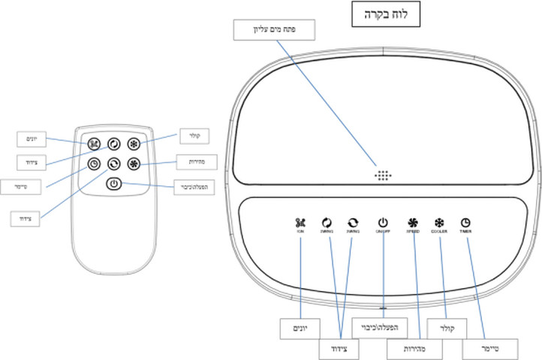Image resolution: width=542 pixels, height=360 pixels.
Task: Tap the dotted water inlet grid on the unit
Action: (383, 176)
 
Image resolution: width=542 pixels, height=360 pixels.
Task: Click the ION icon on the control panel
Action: (300, 223)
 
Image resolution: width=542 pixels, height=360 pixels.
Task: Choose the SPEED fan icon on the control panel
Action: (412, 223)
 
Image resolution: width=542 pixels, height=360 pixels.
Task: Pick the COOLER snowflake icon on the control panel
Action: (439, 223)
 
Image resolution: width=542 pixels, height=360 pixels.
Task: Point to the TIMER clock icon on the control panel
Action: (465, 223)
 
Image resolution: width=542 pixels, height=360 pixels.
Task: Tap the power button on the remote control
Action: (113, 183)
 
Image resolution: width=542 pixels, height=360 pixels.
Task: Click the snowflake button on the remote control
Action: (134, 144)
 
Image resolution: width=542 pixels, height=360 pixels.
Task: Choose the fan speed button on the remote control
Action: (134, 163)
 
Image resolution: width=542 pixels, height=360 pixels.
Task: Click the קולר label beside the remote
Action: (190, 136)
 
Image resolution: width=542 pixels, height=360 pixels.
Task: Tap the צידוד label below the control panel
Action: (337, 349)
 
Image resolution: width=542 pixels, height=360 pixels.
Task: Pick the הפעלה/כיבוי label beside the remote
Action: (193, 187)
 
